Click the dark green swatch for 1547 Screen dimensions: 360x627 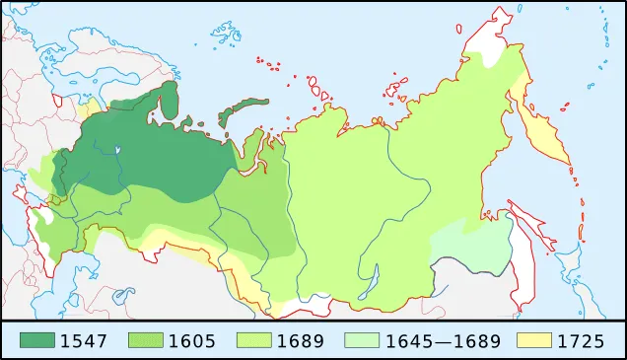(x=37, y=341)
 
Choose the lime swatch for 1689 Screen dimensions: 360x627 (x=255, y=341)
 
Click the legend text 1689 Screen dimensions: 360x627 (x=301, y=341)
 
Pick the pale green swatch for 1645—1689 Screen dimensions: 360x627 (x=362, y=341)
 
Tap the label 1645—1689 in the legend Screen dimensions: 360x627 (x=442, y=341)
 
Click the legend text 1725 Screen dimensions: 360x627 (x=582, y=341)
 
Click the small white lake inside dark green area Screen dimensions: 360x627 (x=117, y=151)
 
